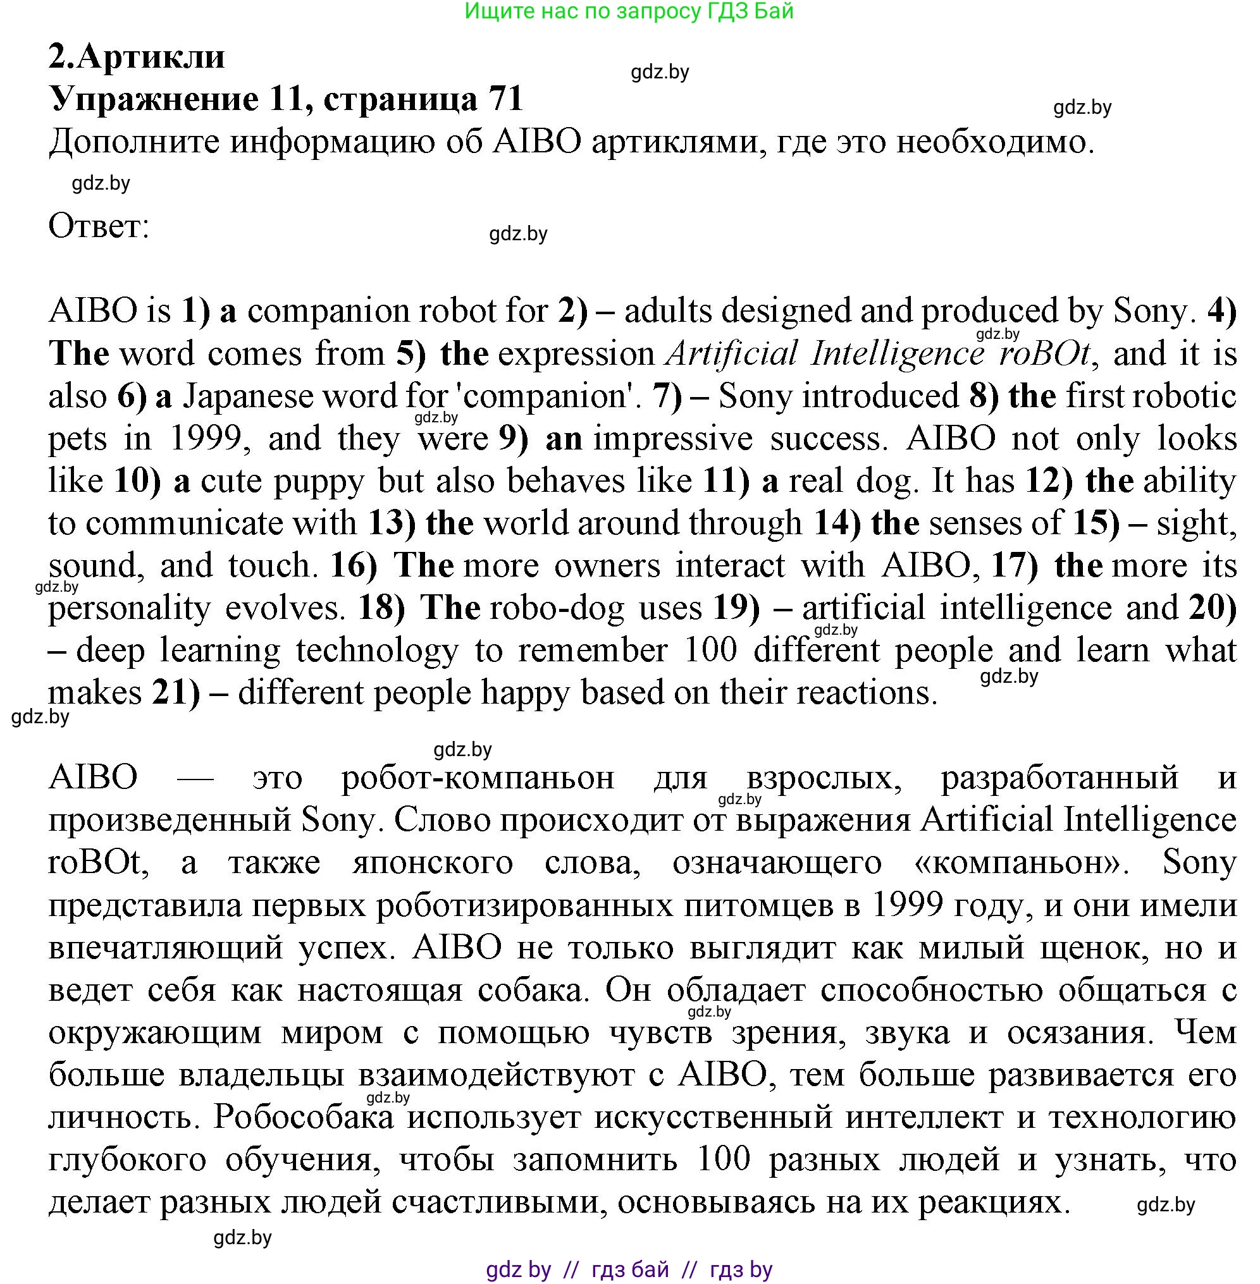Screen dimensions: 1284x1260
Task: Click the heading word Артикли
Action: tap(151, 58)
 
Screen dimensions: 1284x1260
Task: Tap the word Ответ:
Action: tap(99, 227)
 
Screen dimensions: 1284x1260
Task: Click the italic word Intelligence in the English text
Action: tap(898, 354)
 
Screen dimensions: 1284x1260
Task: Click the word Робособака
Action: tap(303, 1117)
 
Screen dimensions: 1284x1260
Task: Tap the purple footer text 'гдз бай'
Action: tap(630, 1269)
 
